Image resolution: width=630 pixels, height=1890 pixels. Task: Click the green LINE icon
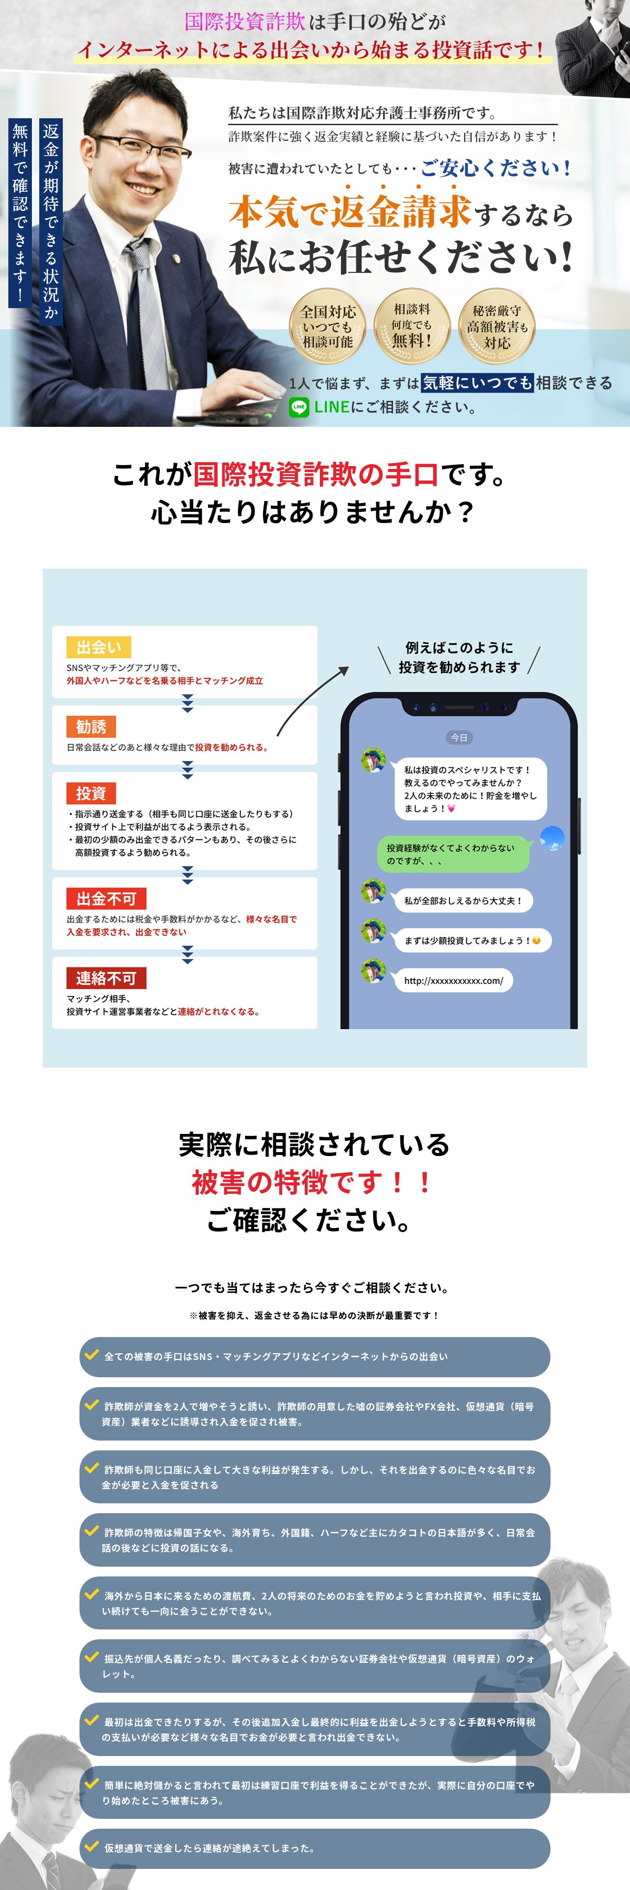[x=298, y=407]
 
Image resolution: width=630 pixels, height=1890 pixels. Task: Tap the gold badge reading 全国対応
[x=328, y=326]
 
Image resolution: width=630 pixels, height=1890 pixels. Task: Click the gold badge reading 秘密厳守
[x=497, y=326]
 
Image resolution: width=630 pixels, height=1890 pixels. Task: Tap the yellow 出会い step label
[x=98, y=647]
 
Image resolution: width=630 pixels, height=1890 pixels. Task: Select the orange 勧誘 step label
[x=91, y=726]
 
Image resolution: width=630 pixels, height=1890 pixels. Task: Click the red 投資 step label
[x=91, y=793]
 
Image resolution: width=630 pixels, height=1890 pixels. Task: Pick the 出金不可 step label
[x=106, y=899]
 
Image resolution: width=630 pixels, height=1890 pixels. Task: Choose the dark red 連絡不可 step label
[x=106, y=978]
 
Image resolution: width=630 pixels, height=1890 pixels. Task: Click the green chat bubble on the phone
[x=452, y=854]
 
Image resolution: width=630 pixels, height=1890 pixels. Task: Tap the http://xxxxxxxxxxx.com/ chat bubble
[x=453, y=980]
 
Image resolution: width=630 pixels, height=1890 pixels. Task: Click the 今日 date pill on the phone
[x=459, y=737]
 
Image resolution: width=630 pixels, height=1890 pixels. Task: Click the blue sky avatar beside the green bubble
[x=551, y=838]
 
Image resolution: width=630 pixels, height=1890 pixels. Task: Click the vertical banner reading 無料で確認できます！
[x=20, y=213]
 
